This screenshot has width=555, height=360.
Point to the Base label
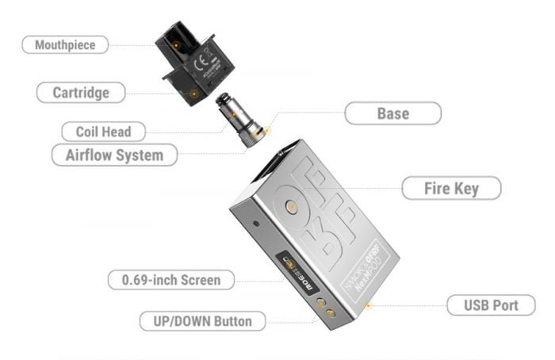pyautogui.click(x=392, y=113)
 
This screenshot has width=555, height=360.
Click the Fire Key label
pyautogui.click(x=451, y=189)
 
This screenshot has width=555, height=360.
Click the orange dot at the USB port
pyautogui.click(x=366, y=302)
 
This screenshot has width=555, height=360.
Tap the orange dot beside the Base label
pyautogui.click(x=268, y=128)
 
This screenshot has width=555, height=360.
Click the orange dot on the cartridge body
pyautogui.click(x=193, y=93)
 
